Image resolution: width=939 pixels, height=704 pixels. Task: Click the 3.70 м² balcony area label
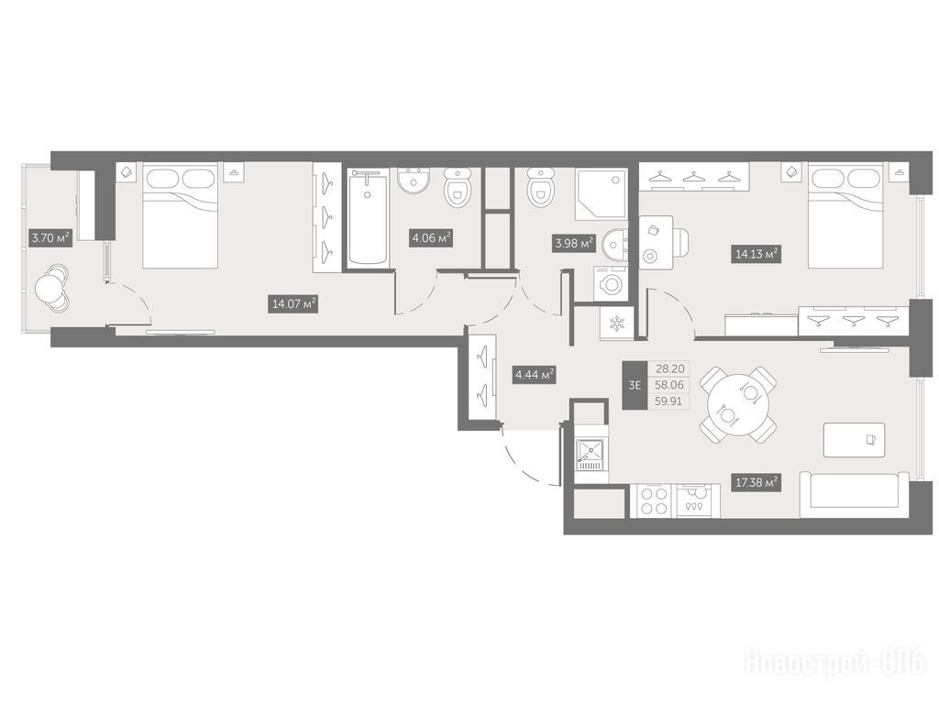(x=51, y=237)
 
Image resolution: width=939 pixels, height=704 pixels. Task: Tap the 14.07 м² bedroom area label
(x=293, y=304)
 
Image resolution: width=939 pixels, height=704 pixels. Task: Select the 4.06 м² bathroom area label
(x=431, y=237)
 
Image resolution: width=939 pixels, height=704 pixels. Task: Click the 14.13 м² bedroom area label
(x=757, y=254)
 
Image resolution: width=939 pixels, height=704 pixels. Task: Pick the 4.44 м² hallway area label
(x=535, y=375)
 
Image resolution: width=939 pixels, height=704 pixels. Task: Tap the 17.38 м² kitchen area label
(x=757, y=482)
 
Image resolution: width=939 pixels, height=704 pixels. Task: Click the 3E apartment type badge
(x=635, y=385)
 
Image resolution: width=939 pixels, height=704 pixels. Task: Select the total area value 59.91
(x=668, y=401)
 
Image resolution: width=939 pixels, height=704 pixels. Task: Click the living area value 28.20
(x=668, y=368)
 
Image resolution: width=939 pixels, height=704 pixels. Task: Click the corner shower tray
(x=601, y=194)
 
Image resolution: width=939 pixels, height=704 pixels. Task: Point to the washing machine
(x=610, y=283)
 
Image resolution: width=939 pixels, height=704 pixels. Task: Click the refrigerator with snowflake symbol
(x=616, y=324)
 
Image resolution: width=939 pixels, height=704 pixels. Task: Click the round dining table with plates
(x=738, y=404)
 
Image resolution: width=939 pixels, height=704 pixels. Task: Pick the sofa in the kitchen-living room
(x=855, y=494)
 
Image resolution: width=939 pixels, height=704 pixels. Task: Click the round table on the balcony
(x=51, y=289)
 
